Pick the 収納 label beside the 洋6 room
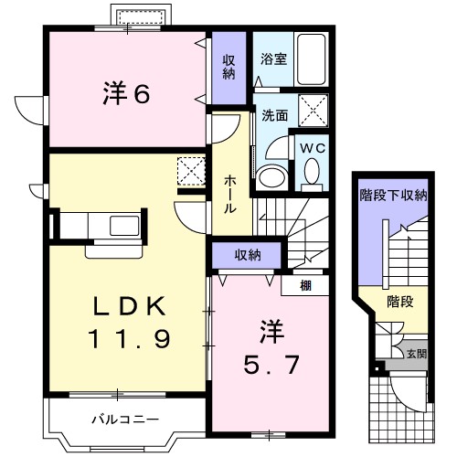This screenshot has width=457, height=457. click(x=229, y=69)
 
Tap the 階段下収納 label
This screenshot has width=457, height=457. click(x=391, y=195)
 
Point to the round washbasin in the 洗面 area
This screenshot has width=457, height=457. click(x=271, y=176)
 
